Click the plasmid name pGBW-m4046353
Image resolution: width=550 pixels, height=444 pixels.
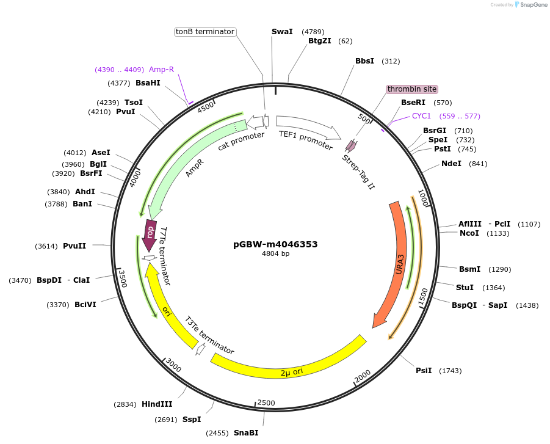(275, 244)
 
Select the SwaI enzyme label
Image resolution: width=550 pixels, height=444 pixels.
(282, 32)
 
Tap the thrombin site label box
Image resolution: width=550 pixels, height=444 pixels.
(412, 89)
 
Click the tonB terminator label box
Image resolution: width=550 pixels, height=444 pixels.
(205, 32)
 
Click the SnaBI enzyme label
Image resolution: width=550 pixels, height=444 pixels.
(246, 432)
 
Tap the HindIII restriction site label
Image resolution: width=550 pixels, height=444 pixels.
(157, 404)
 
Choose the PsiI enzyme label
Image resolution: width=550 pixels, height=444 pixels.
(424, 371)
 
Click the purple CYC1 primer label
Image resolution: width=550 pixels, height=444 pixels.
(421, 116)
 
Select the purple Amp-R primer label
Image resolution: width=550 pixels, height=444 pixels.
(161, 70)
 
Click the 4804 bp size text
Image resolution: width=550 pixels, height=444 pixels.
(275, 254)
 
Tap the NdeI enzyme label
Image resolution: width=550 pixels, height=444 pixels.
(451, 164)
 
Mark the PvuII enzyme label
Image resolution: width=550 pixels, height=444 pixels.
(74, 246)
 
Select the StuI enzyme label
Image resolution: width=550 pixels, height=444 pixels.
(465, 287)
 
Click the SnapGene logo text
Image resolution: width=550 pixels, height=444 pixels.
(531, 5)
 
